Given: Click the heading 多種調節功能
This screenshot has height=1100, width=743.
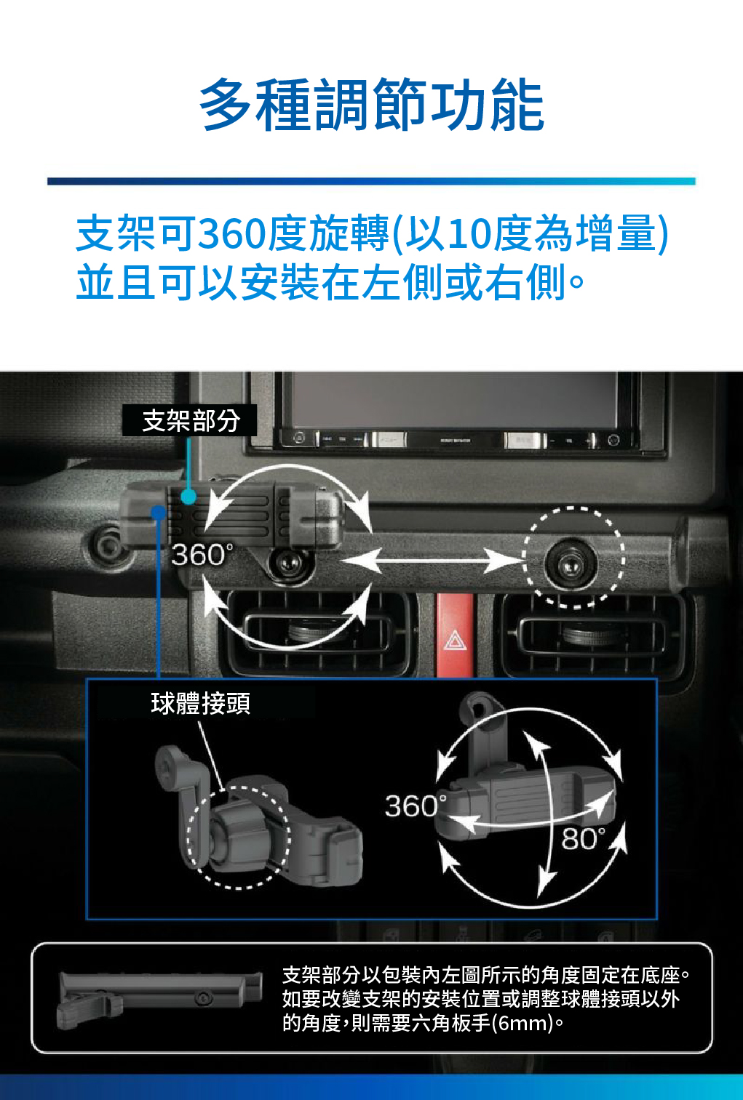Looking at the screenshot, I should click(371, 106).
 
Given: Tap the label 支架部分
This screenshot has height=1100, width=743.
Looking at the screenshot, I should click(190, 420).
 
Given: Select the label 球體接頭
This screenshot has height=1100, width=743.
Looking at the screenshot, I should click(200, 703).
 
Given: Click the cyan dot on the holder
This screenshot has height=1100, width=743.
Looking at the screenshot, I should click(188, 497).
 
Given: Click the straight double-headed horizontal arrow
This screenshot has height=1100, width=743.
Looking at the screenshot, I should click(432, 561).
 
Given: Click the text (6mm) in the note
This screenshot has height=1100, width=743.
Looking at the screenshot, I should click(523, 1024).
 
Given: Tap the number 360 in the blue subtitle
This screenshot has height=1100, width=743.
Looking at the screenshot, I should click(232, 234).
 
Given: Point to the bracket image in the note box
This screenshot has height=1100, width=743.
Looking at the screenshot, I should click(159, 997).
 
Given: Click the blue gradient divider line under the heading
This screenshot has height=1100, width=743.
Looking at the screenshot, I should click(371, 181).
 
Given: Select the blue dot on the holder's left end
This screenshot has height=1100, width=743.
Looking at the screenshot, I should click(158, 513).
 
